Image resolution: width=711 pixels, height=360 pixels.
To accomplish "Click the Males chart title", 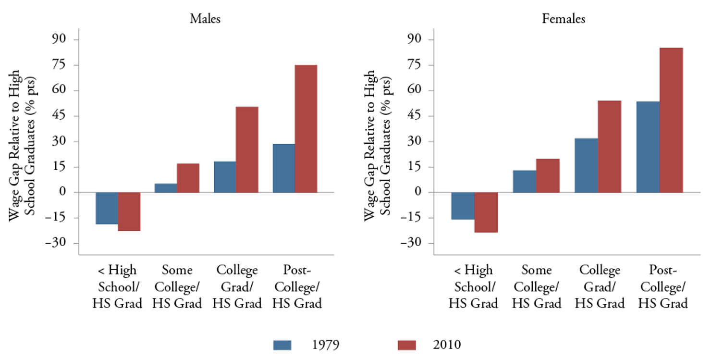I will point(205,19).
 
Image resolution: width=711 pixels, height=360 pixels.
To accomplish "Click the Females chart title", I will point(564,19).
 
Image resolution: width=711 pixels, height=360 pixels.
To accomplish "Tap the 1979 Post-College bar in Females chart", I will point(648,147).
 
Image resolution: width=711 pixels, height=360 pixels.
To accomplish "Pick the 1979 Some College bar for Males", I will point(166,188).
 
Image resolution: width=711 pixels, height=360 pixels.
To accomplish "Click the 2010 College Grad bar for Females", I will point(610,146).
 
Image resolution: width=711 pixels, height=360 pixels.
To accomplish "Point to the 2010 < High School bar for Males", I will point(129,211).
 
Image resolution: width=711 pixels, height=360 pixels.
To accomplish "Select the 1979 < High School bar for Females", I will point(463,206).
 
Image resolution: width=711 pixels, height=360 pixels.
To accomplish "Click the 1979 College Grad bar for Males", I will point(225,177).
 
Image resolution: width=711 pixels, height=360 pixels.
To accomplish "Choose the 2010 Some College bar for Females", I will point(548,175).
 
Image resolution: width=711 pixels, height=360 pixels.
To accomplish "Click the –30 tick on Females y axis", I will point(415,243).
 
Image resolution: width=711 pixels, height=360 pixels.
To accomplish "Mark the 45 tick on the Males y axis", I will point(62,116).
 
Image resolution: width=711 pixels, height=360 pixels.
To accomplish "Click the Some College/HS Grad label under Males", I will point(177,287).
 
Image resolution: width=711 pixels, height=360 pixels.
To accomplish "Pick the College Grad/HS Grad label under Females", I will point(600,287).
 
